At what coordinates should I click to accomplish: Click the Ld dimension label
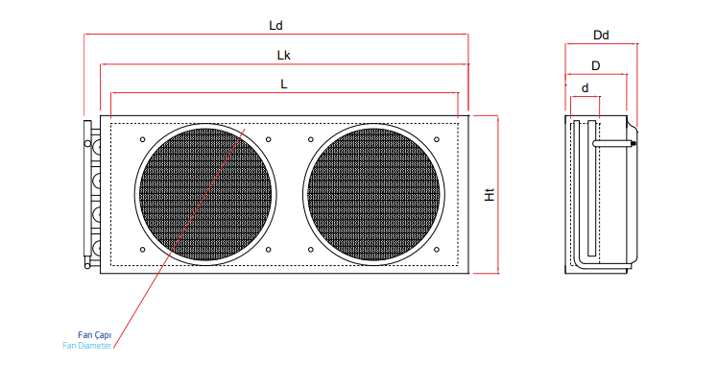tap(275, 26)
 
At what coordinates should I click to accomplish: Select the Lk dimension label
tap(283, 56)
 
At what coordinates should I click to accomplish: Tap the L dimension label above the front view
tap(284, 85)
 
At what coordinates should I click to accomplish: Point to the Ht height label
tap(490, 195)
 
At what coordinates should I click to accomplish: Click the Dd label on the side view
tap(601, 36)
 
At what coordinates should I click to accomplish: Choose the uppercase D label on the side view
tap(595, 66)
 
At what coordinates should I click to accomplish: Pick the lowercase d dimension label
tap(585, 87)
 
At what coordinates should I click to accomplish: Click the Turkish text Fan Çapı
tap(94, 335)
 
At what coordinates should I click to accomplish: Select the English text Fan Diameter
tap(87, 346)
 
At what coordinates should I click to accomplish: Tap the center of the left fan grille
tap(205, 194)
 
